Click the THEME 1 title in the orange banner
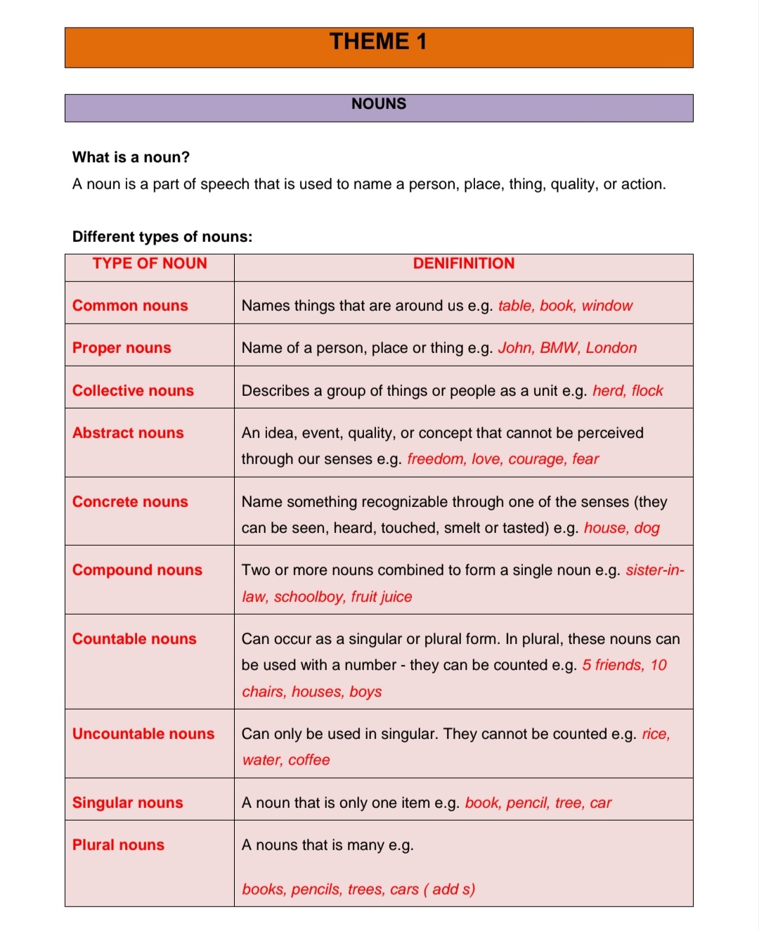(378, 42)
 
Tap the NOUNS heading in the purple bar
(379, 104)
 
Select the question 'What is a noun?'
(131, 158)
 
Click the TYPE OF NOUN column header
(150, 264)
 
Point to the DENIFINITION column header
(463, 264)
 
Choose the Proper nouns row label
(122, 348)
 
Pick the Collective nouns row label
(133, 391)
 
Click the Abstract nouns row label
(128, 433)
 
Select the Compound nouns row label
(137, 570)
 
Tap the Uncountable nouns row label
(143, 734)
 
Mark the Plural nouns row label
(118, 845)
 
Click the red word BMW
(559, 348)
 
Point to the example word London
(611, 348)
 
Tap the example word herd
(608, 391)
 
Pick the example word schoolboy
(309, 597)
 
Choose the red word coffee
(309, 760)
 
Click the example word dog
(647, 528)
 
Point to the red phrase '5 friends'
(612, 665)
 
